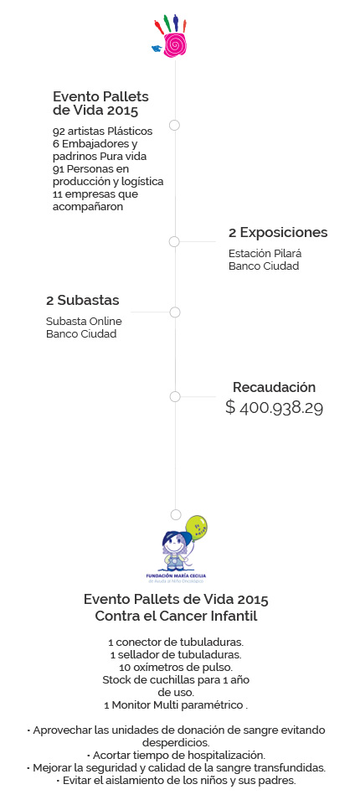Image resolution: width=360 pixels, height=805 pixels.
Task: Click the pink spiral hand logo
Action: (x=171, y=37)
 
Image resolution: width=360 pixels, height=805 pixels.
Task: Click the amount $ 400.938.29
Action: (x=275, y=408)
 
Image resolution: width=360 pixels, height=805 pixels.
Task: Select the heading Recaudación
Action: (x=275, y=387)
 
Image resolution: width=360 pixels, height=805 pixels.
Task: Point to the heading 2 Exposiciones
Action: (x=278, y=233)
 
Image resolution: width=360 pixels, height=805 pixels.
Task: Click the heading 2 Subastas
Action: (x=83, y=301)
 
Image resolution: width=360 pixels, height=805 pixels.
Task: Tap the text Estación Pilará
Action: (x=265, y=254)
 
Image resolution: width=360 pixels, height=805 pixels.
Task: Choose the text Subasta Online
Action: (x=84, y=322)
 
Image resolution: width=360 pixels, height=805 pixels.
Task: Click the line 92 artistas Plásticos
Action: (x=103, y=132)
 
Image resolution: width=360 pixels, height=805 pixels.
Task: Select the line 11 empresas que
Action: (x=95, y=194)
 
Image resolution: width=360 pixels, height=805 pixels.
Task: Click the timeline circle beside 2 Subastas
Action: (x=175, y=312)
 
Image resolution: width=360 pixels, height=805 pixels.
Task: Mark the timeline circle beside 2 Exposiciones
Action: (x=174, y=241)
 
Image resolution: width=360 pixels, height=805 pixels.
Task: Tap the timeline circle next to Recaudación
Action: (x=175, y=396)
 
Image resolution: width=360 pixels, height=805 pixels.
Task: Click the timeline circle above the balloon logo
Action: (x=176, y=514)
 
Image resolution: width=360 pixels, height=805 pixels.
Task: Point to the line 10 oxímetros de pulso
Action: (x=176, y=668)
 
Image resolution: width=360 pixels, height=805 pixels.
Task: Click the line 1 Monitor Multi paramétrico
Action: (x=176, y=705)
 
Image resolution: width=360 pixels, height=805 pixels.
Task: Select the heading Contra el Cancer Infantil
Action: (x=176, y=616)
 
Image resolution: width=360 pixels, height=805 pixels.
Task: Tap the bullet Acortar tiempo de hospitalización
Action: (x=176, y=756)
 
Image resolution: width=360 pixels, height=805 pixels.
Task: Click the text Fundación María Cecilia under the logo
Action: (x=176, y=576)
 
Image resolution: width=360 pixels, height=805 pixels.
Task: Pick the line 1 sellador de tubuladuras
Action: (x=176, y=654)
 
